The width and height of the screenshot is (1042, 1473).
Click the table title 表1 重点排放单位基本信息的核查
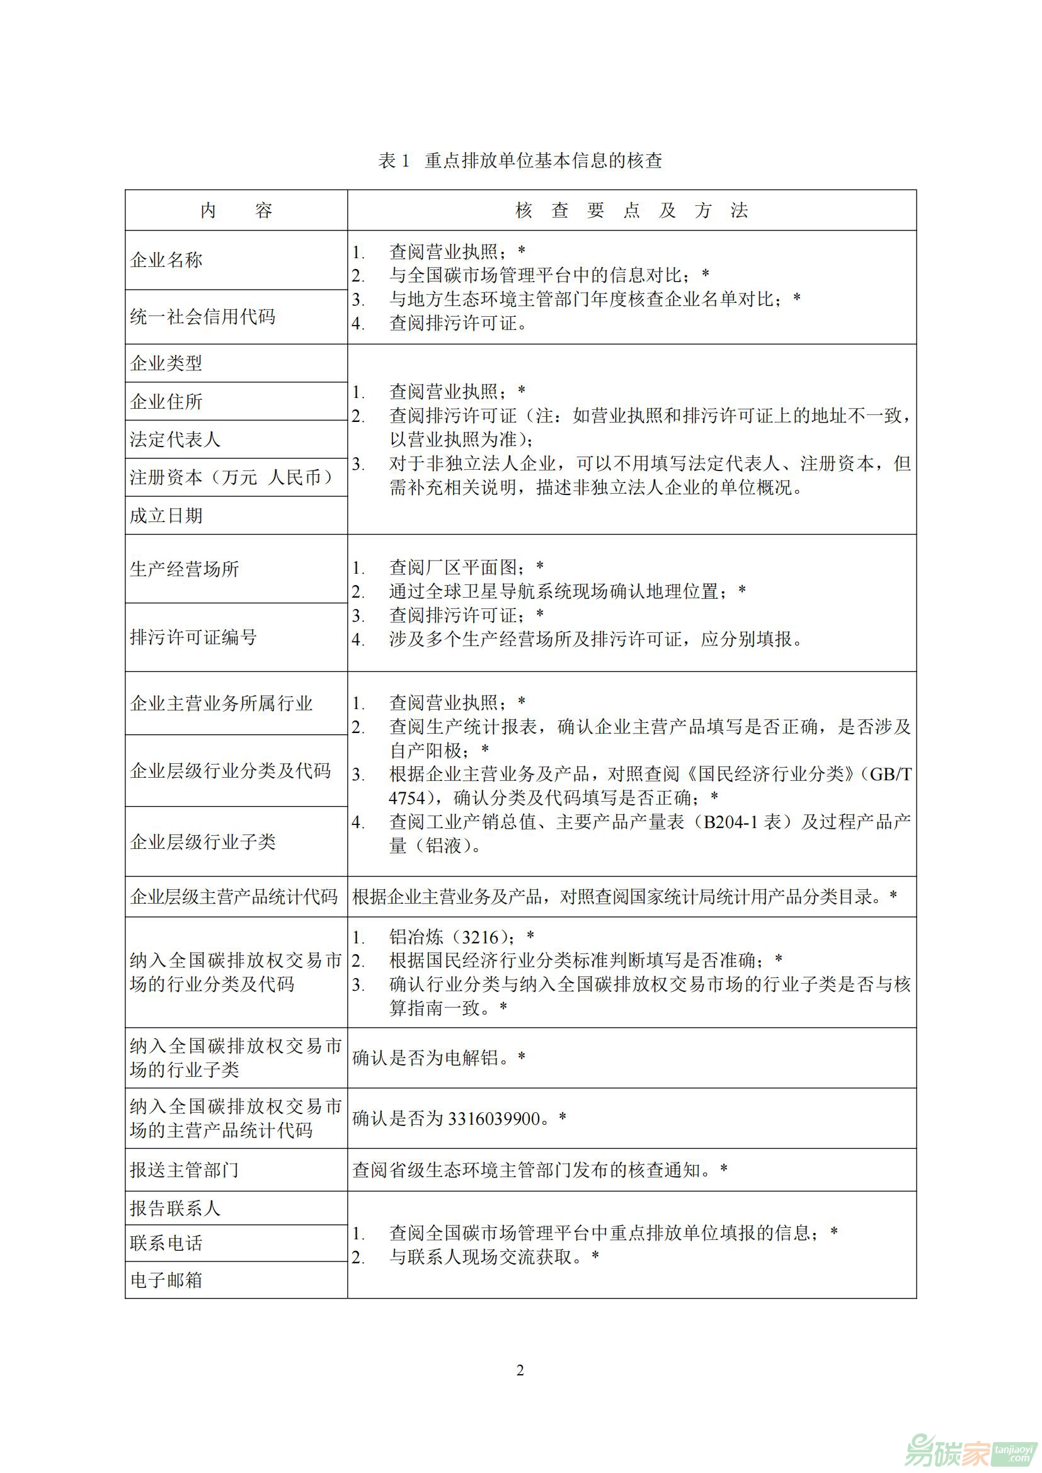pyautogui.click(x=520, y=161)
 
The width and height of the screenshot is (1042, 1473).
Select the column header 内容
pyautogui.click(x=236, y=210)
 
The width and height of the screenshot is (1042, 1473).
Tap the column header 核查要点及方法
pyautogui.click(x=631, y=210)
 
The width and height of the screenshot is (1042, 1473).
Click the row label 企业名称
pyautogui.click(x=166, y=260)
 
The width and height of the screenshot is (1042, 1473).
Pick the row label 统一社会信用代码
pyautogui.click(x=203, y=316)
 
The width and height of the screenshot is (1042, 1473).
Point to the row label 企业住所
pyautogui.click(x=166, y=402)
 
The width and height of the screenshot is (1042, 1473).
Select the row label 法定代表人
pyautogui.click(x=175, y=440)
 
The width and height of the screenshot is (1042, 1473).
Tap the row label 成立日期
pyautogui.click(x=166, y=515)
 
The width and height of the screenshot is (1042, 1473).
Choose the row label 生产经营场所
pyautogui.click(x=185, y=569)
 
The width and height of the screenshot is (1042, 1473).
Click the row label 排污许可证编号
pyautogui.click(x=194, y=637)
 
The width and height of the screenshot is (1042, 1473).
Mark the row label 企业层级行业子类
pyautogui.click(x=203, y=842)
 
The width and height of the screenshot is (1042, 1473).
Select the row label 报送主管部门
pyautogui.click(x=185, y=1169)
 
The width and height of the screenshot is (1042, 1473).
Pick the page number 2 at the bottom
pyautogui.click(x=520, y=1370)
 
